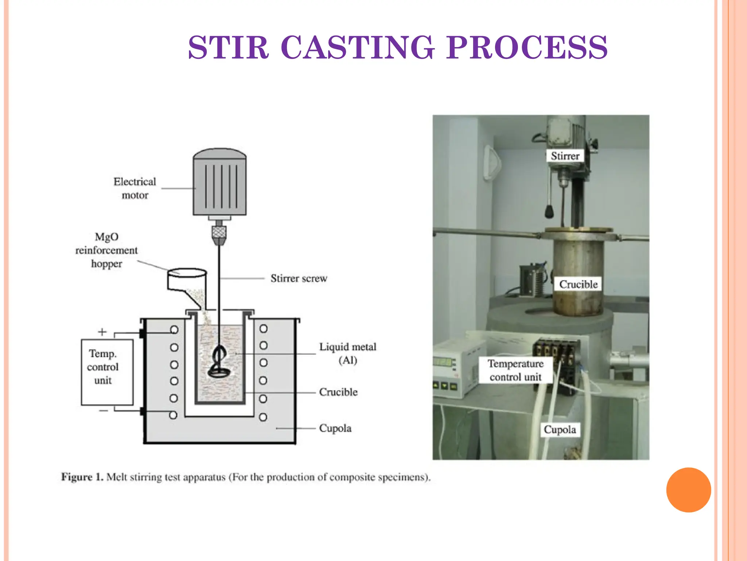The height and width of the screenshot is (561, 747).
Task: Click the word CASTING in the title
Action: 357,47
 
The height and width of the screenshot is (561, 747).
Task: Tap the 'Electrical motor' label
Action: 135,188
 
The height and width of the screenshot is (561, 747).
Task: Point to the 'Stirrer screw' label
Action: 299,278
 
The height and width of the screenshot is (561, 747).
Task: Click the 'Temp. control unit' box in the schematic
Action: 107,372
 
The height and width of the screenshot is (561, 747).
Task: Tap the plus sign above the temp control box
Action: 102,332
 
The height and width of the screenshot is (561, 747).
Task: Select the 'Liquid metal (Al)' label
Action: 348,353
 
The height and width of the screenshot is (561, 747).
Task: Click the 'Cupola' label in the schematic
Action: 335,428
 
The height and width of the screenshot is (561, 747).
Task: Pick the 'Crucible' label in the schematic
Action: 338,392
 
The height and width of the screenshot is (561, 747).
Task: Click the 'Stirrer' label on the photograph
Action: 565,156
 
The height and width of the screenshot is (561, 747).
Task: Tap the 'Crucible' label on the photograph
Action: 578,284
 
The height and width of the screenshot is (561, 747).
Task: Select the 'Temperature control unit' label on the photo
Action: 515,370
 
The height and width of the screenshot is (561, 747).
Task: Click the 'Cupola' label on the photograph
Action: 560,430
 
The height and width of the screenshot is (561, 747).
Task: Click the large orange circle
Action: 688,490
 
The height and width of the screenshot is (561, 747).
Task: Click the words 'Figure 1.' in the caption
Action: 82,477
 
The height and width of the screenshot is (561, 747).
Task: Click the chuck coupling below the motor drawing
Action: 219,234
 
